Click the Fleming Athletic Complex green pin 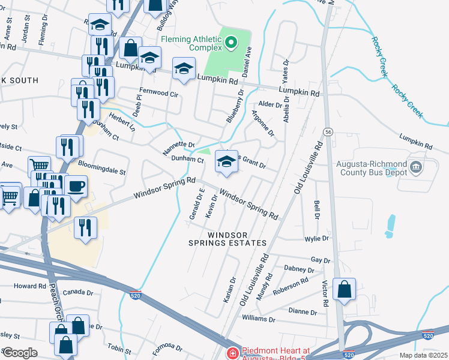point(232,43)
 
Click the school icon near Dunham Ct point(226,161)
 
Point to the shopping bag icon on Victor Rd point(345,289)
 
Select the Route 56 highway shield point(328,131)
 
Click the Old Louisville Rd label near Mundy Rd point(255,280)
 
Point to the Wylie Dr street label point(318,238)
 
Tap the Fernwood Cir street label point(159,94)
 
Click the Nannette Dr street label point(179,148)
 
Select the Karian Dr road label point(228,290)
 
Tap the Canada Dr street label point(79,293)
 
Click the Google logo point(20,353)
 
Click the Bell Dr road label point(316,209)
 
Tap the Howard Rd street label point(25,286)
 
